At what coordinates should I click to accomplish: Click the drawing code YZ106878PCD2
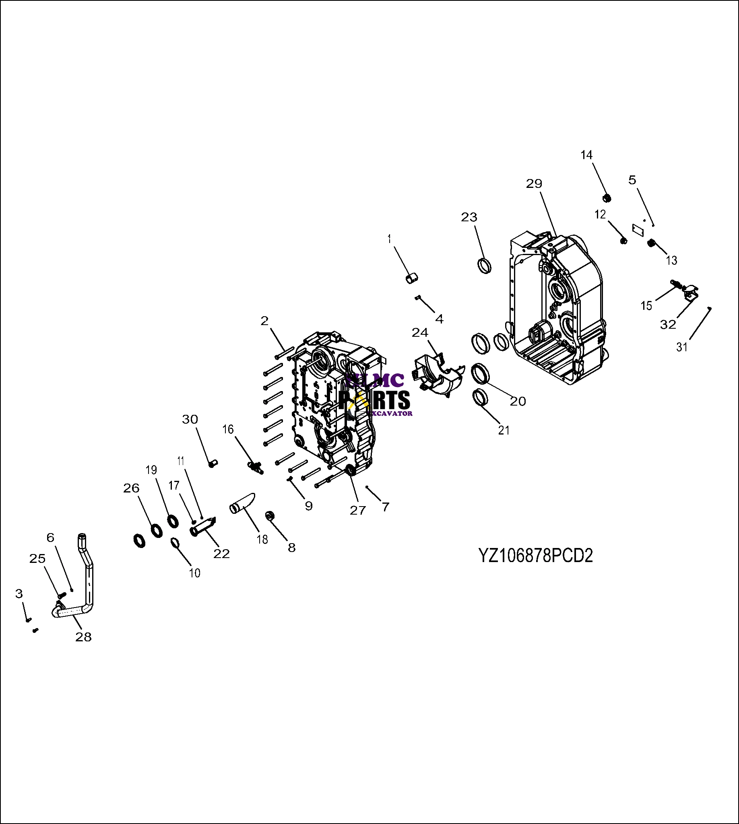[536, 556]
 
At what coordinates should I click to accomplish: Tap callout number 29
[534, 184]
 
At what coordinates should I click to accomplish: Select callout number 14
[586, 155]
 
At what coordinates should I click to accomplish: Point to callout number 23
[469, 217]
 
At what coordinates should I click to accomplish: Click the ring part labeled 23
[483, 266]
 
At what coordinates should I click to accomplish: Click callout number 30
[190, 419]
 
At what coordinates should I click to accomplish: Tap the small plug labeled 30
[213, 463]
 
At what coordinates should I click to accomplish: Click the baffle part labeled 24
[436, 373]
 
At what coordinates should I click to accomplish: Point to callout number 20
[518, 401]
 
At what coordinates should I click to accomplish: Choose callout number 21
[504, 430]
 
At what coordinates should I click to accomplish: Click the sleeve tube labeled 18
[242, 504]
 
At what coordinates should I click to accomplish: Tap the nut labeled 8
[270, 516]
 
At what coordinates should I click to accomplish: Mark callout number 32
[668, 324]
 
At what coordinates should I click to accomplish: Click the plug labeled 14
[607, 198]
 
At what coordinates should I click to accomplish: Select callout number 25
[37, 558]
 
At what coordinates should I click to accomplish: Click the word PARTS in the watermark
[374, 400]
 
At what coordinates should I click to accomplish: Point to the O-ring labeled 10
[175, 542]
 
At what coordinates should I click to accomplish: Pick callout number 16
[228, 429]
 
